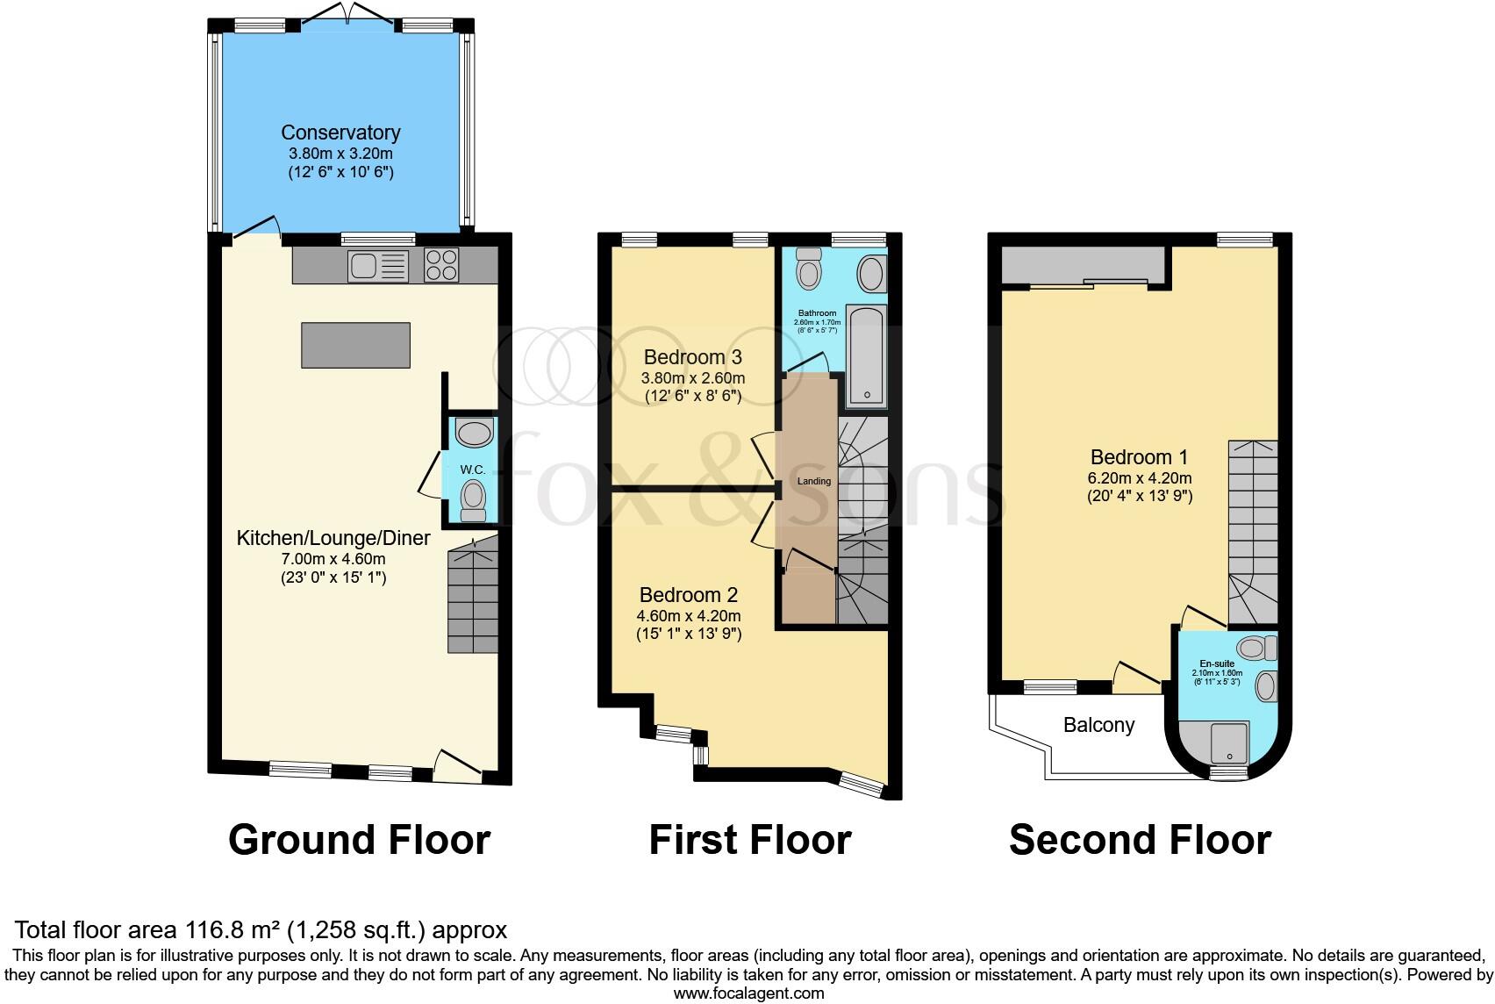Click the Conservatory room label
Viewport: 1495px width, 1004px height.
tap(340, 133)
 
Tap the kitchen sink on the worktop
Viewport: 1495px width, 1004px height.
tap(377, 265)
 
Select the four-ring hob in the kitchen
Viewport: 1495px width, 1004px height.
tap(441, 265)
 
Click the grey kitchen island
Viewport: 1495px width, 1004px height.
tap(355, 345)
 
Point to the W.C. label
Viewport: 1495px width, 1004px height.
tap(473, 470)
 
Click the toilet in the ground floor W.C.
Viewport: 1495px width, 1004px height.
tap(474, 500)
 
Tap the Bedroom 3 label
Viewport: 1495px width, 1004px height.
tap(692, 357)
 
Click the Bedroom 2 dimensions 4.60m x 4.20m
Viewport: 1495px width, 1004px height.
tap(689, 615)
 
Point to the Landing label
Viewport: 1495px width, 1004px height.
tap(813, 481)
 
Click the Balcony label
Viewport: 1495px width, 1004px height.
tap(1098, 725)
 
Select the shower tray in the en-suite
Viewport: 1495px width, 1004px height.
tap(1228, 742)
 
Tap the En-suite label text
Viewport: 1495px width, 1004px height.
tap(1217, 663)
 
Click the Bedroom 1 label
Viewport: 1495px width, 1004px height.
tap(1139, 457)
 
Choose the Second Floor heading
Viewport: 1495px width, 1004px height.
tap(1139, 840)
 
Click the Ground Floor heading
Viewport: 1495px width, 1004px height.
tap(359, 840)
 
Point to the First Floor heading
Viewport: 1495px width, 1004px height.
tap(749, 840)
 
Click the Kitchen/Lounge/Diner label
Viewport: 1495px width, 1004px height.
tap(333, 538)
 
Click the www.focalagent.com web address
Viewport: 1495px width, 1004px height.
tap(748, 993)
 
